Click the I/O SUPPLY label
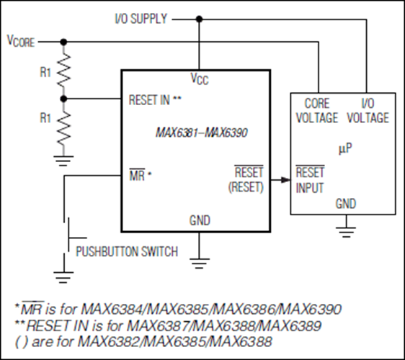(x=141, y=19)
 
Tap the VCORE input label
(x=21, y=41)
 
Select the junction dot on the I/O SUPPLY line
(x=199, y=19)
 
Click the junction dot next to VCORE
(x=63, y=42)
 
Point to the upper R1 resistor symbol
(x=63, y=71)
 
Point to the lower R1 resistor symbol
(x=63, y=128)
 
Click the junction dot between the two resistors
(x=63, y=99)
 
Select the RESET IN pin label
(x=155, y=100)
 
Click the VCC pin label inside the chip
(x=200, y=78)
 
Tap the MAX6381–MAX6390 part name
(x=202, y=132)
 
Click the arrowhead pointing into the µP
(x=285, y=179)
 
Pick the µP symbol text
(x=345, y=148)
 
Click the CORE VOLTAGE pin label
(x=317, y=111)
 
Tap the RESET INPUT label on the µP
(x=310, y=179)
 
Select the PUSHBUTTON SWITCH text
(x=127, y=251)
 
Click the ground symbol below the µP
(x=346, y=232)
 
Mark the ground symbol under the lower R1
(x=63, y=161)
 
